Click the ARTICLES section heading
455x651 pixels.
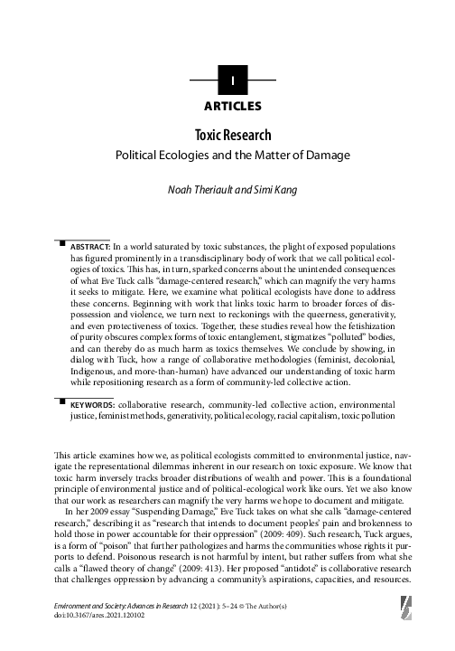point(233,106)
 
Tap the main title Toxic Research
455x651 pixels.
point(233,136)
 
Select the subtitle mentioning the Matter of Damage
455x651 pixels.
point(233,156)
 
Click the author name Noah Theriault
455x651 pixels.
point(199,191)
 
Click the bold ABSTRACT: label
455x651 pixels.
point(90,246)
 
